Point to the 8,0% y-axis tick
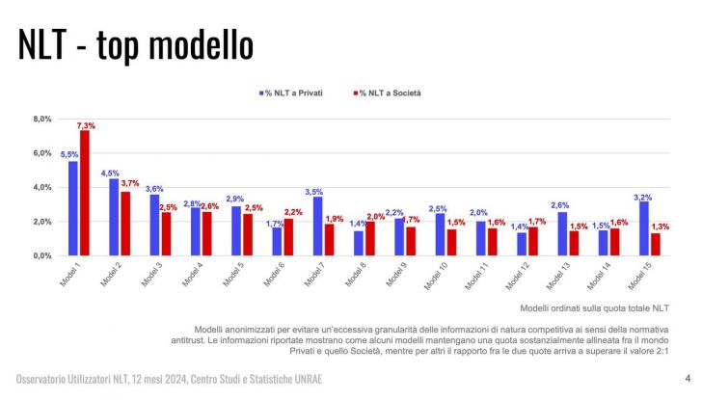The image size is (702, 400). pos(41,120)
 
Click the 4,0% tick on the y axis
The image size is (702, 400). pos(41,188)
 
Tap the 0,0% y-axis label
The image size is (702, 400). pos(41,256)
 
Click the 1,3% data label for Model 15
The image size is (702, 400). pos(660,227)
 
